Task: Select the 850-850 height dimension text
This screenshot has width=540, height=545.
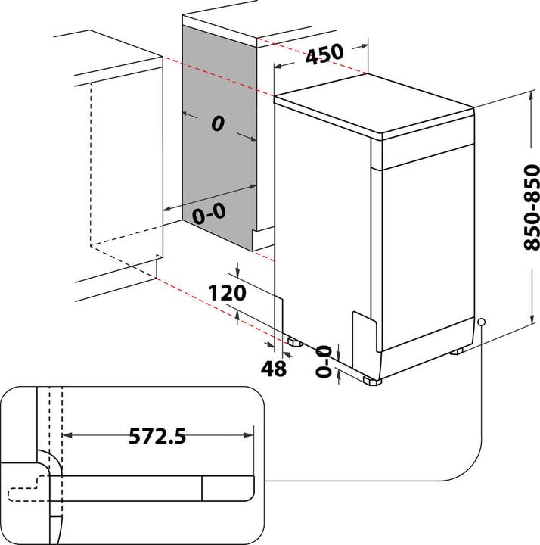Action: click(x=532, y=207)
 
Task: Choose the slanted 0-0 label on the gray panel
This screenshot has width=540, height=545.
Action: click(x=209, y=214)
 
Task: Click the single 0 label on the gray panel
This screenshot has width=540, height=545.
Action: click(x=218, y=126)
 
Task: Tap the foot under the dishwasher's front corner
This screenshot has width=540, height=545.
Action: click(x=371, y=381)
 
